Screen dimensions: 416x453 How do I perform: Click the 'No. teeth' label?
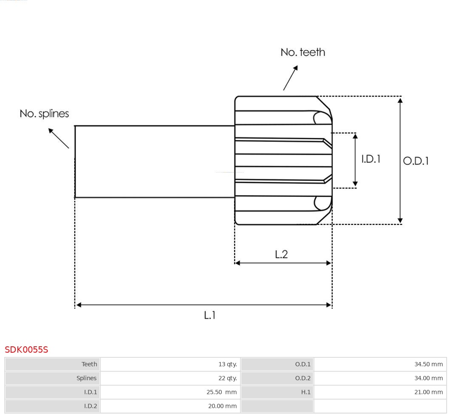click(303, 52)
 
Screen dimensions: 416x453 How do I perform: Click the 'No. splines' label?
click(44, 114)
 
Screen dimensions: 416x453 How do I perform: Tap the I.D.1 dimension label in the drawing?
click(371, 159)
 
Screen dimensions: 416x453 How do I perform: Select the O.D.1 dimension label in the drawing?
click(416, 161)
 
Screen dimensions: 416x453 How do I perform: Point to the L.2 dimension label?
click(281, 254)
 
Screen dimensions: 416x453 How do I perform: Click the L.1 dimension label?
click(210, 315)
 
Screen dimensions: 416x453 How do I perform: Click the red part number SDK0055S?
click(26, 350)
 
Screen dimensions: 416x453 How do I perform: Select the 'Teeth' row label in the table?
click(89, 364)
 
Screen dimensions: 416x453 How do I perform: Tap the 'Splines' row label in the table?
click(86, 378)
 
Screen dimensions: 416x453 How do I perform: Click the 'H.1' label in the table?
click(306, 392)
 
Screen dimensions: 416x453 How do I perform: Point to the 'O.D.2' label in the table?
click(303, 378)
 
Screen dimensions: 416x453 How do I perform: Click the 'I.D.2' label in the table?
click(91, 406)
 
